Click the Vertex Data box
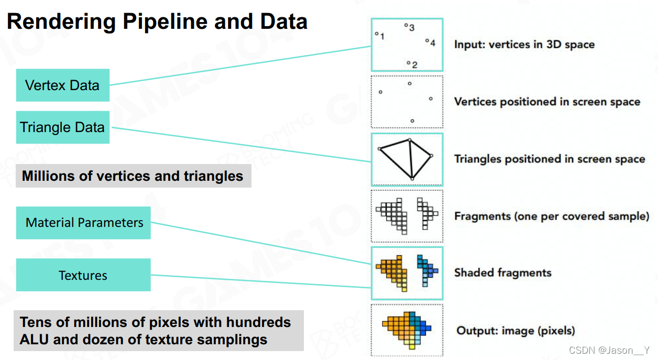point(62,85)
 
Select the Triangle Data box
point(62,127)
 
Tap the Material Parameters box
point(84,223)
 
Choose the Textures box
point(83,275)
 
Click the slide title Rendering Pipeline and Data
point(157,21)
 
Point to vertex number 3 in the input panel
point(406,25)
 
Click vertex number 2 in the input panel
point(409,63)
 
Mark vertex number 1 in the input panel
point(377,34)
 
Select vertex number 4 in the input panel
point(427,40)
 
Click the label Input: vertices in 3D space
point(524,45)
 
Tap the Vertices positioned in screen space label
point(547,102)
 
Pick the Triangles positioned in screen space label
point(549,159)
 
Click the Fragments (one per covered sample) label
point(552,216)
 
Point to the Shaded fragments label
point(502,272)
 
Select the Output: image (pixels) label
point(516,331)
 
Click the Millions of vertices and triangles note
point(133,176)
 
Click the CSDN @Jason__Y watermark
point(609,350)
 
